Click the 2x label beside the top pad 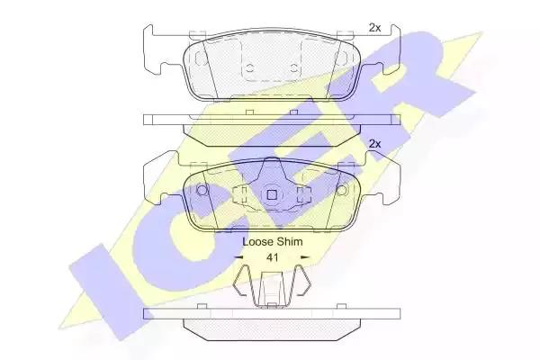click(374, 28)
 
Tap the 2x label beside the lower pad click(374, 144)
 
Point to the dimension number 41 click(273, 257)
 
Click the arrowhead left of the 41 click(238, 257)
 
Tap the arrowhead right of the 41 click(305, 257)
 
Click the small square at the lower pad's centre click(272, 195)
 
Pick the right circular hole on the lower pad click(342, 190)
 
